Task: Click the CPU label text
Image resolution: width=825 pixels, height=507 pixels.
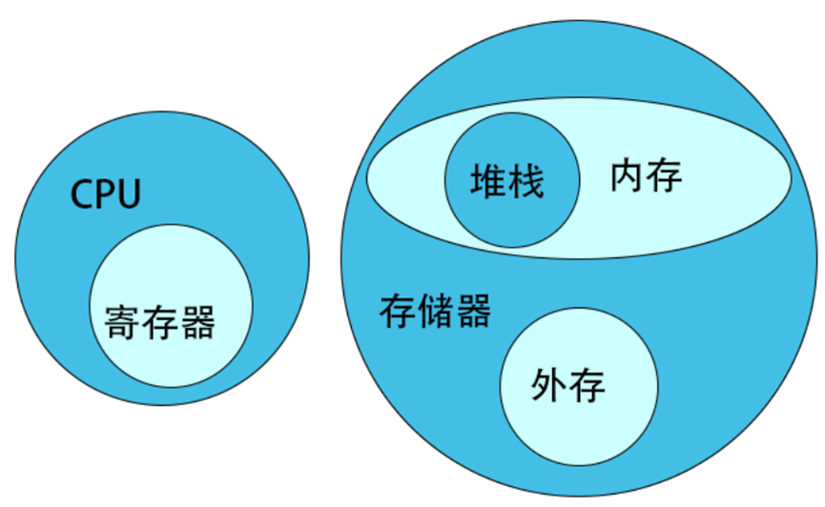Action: (x=106, y=194)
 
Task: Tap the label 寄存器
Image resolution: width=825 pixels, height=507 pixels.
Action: (x=159, y=324)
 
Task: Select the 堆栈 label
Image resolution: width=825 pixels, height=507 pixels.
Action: (x=507, y=180)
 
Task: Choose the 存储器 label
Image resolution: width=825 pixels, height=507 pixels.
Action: (x=435, y=312)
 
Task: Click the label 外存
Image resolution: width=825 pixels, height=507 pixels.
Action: (x=568, y=386)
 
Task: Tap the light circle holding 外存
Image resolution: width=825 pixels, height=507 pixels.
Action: (x=579, y=429)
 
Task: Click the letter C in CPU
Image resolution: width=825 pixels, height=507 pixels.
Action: (x=83, y=194)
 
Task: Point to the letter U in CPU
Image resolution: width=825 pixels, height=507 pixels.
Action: (x=129, y=194)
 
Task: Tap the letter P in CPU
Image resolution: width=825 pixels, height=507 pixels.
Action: (x=105, y=194)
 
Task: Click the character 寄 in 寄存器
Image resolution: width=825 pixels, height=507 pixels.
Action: (x=122, y=324)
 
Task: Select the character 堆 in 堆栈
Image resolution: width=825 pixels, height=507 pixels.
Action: (x=488, y=180)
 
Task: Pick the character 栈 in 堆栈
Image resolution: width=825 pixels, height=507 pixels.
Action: (x=526, y=180)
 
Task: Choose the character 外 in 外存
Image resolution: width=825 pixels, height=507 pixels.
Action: (x=549, y=386)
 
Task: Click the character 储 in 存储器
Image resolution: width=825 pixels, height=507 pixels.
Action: (x=435, y=312)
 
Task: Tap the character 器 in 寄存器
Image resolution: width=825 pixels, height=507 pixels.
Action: (x=197, y=324)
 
